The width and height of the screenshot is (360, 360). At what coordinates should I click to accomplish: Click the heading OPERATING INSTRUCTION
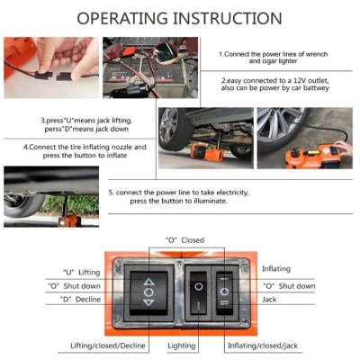pyautogui.click(x=179, y=18)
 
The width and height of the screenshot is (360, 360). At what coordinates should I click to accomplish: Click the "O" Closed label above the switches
pyautogui.click(x=184, y=240)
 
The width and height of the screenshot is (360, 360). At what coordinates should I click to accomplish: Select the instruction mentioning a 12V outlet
pyautogui.click(x=282, y=85)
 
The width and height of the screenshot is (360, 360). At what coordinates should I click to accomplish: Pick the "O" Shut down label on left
pyautogui.click(x=80, y=285)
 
